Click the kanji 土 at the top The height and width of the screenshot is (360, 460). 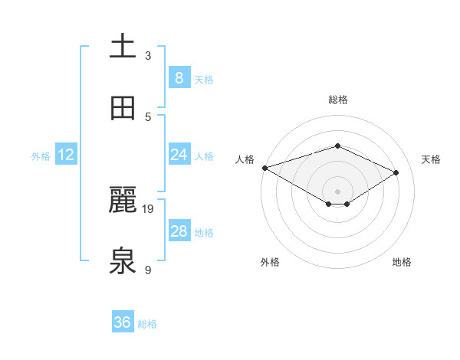123,47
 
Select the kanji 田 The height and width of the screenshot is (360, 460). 123,108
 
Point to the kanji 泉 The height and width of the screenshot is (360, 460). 123,261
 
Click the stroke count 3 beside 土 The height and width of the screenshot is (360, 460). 148,55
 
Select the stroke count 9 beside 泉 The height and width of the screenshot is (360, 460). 148,270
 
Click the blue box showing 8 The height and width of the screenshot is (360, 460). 179,78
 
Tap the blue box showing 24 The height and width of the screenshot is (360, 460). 179,155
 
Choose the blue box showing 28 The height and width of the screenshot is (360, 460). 179,231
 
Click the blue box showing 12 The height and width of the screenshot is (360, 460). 66,155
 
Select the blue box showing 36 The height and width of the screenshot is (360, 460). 123,322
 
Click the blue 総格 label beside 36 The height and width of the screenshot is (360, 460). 147,324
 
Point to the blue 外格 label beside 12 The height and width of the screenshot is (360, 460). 41,156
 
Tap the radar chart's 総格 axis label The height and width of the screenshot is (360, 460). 338,100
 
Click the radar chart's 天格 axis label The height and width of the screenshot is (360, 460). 432,159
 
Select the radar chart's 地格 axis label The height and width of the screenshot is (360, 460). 402,262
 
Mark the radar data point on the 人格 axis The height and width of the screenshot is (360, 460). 264,168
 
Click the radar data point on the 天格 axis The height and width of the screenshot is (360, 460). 396,172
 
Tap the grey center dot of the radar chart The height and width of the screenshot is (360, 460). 337,191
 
